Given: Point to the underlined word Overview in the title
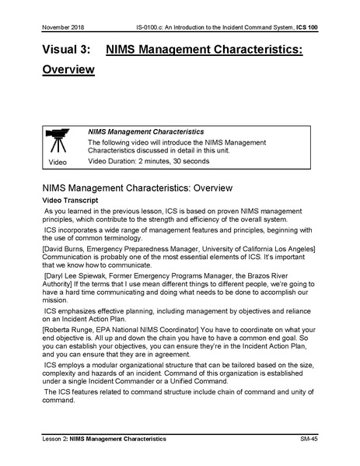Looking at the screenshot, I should (68, 70).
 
